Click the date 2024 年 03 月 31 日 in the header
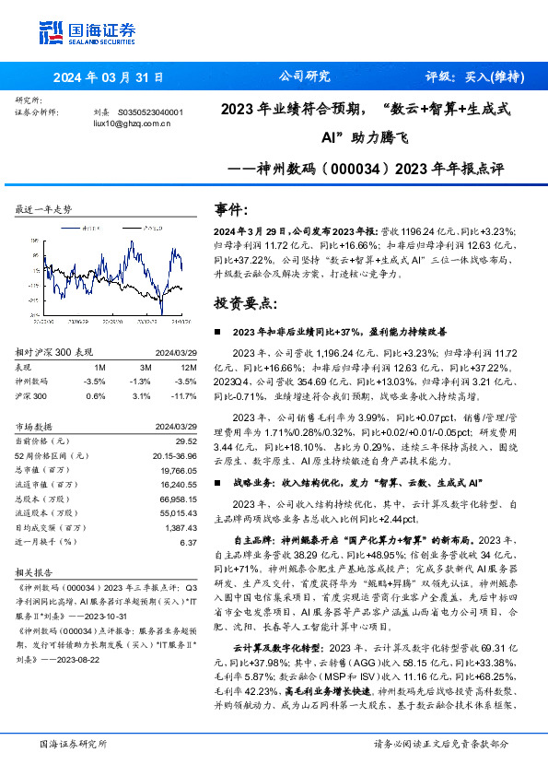(108, 77)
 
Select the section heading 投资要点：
(242, 303)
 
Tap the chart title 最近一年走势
(43, 210)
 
